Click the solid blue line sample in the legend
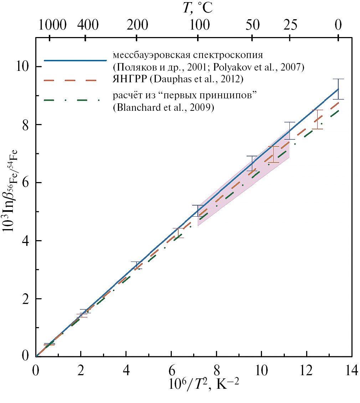pos(75,60)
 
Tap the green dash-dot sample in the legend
pos(75,100)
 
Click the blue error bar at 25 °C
pos(289,131)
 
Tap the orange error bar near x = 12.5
pos(317,119)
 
